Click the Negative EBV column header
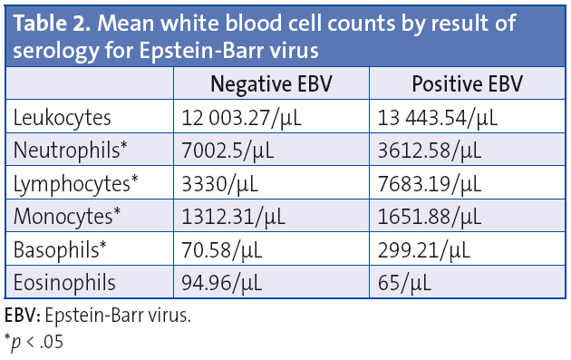[271, 85]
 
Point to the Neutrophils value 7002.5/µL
[227, 151]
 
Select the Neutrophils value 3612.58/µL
[427, 151]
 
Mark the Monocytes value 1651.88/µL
[427, 218]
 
